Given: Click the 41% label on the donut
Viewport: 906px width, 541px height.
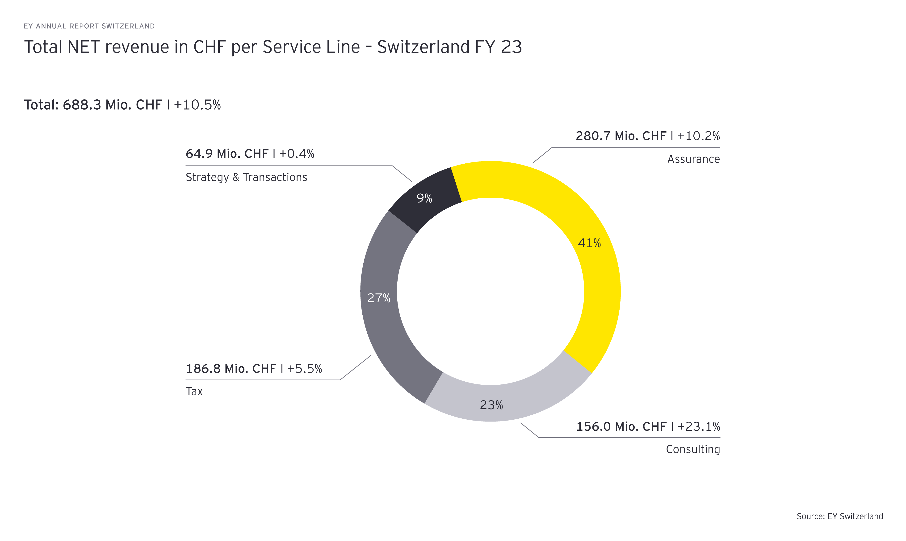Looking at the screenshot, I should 589,243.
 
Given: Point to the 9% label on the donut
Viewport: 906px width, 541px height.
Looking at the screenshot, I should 424,198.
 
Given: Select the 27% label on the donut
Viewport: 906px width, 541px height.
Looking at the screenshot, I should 379,298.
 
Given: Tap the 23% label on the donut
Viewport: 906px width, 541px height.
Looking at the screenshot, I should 491,405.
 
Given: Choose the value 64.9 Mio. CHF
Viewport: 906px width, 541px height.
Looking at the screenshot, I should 227,154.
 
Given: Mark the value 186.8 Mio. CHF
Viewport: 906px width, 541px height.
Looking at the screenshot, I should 231,369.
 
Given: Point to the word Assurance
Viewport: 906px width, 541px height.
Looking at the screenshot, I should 693,159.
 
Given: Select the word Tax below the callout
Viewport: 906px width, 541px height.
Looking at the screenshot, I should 194,392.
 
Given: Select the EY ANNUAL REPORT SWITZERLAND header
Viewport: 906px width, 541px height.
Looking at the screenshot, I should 89,26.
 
